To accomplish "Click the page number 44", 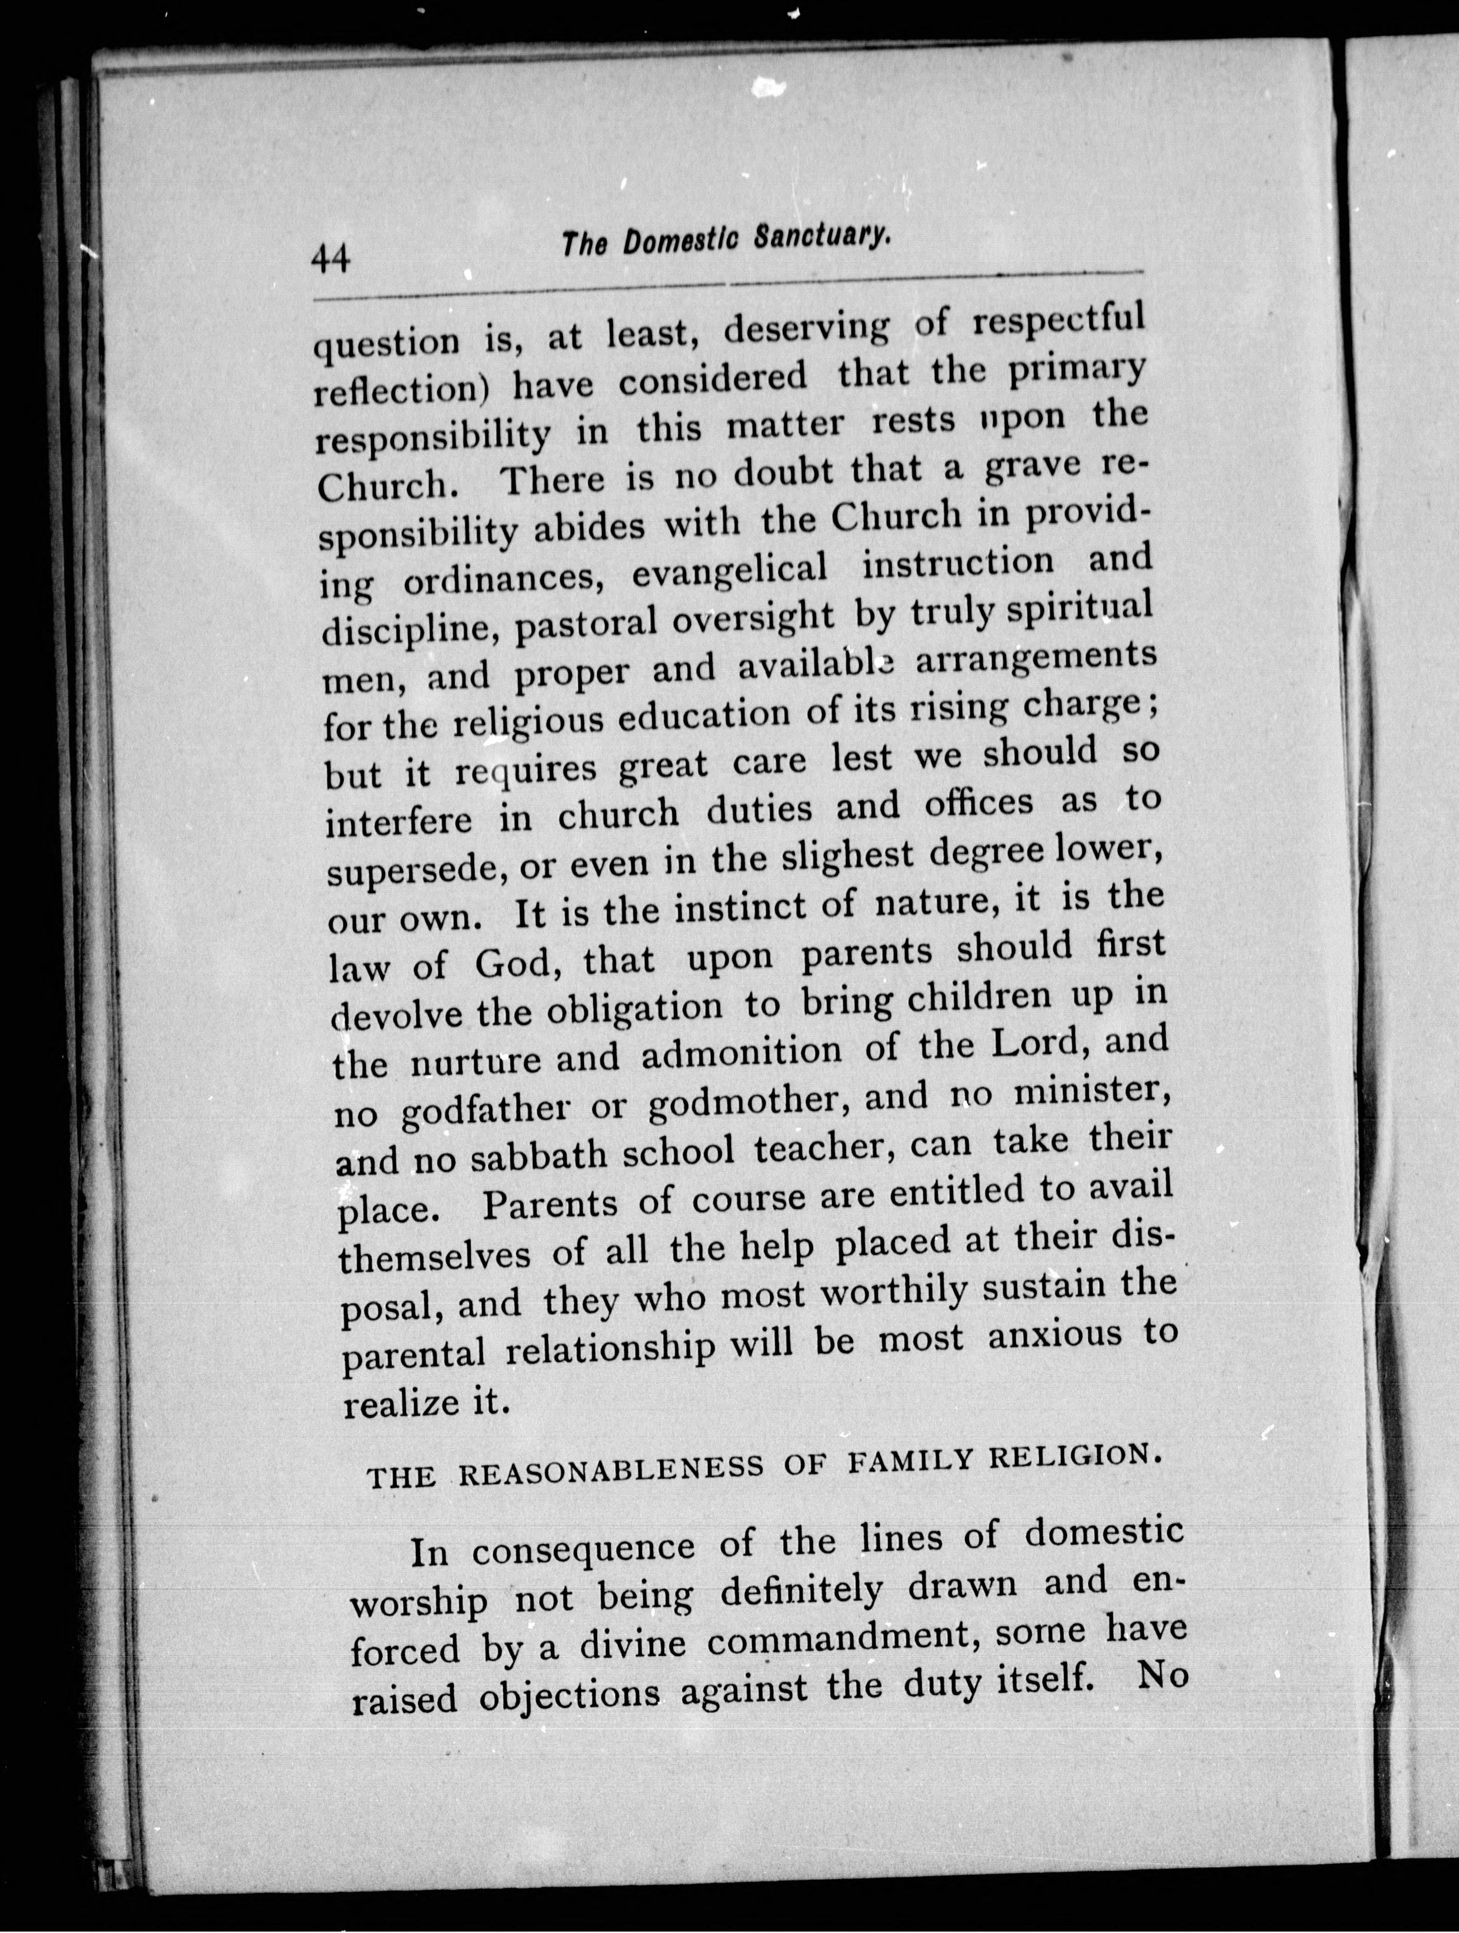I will pos(331,260).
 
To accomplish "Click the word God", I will pos(522,964).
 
